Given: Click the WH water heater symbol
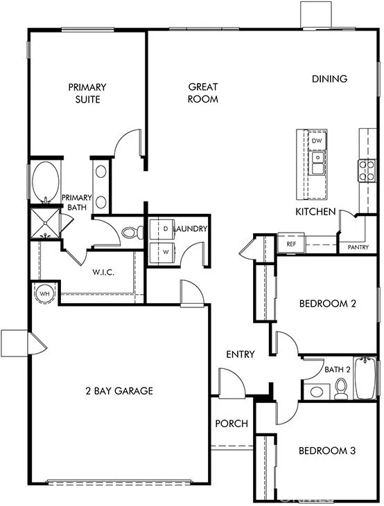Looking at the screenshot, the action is (x=44, y=294).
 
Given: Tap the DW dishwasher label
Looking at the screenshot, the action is (x=317, y=141).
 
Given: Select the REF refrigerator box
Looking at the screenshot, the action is (x=291, y=244).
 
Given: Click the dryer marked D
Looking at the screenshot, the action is (x=162, y=229).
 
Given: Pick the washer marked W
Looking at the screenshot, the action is (x=162, y=253).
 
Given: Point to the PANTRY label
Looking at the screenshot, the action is (x=358, y=247).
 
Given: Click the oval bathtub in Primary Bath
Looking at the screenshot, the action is (x=46, y=182).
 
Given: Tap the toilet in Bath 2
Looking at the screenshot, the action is (x=340, y=388).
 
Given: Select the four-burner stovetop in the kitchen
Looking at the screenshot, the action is (x=367, y=171).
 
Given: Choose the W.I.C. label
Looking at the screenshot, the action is (x=103, y=272).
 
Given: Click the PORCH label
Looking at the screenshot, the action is (x=232, y=424).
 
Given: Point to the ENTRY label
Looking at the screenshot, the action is (x=241, y=354).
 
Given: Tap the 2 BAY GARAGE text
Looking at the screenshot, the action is (x=119, y=391).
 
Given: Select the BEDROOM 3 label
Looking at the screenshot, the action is (x=327, y=451).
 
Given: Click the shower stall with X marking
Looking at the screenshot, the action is (x=45, y=223).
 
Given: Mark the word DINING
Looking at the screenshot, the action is (x=330, y=79).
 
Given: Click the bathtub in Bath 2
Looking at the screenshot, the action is (x=365, y=377).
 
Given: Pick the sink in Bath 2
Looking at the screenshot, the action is (x=317, y=392).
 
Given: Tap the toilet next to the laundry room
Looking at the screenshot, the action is (x=132, y=233).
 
